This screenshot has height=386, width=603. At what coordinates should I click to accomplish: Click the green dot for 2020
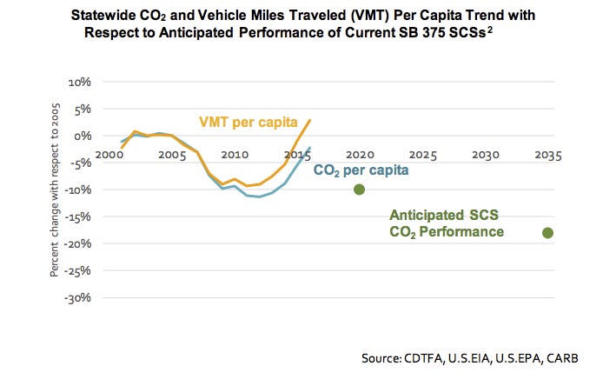click(x=359, y=190)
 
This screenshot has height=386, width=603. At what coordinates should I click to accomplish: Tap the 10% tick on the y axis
click(x=80, y=82)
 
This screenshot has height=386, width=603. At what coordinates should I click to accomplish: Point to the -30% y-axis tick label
click(x=78, y=297)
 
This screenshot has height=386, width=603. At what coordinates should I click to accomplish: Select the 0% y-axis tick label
click(x=83, y=136)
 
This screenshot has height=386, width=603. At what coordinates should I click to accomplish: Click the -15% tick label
click(x=78, y=216)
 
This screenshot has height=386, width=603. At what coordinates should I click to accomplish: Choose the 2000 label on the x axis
click(x=109, y=155)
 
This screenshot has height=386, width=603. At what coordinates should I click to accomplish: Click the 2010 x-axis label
click(x=235, y=155)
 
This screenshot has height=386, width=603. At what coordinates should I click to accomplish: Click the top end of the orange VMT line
click(x=310, y=120)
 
